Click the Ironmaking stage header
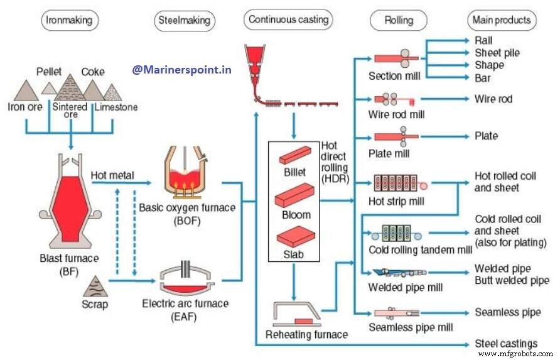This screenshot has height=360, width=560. [70, 20]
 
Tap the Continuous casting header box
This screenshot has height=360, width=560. [288, 20]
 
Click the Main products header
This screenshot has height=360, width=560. [502, 20]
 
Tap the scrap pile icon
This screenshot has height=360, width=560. [95, 286]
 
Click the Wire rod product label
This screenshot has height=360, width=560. [493, 99]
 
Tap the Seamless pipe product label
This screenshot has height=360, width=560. [507, 312]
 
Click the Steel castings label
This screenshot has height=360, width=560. [506, 343]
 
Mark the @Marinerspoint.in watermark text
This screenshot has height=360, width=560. [181, 70]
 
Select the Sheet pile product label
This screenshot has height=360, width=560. [497, 53]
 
